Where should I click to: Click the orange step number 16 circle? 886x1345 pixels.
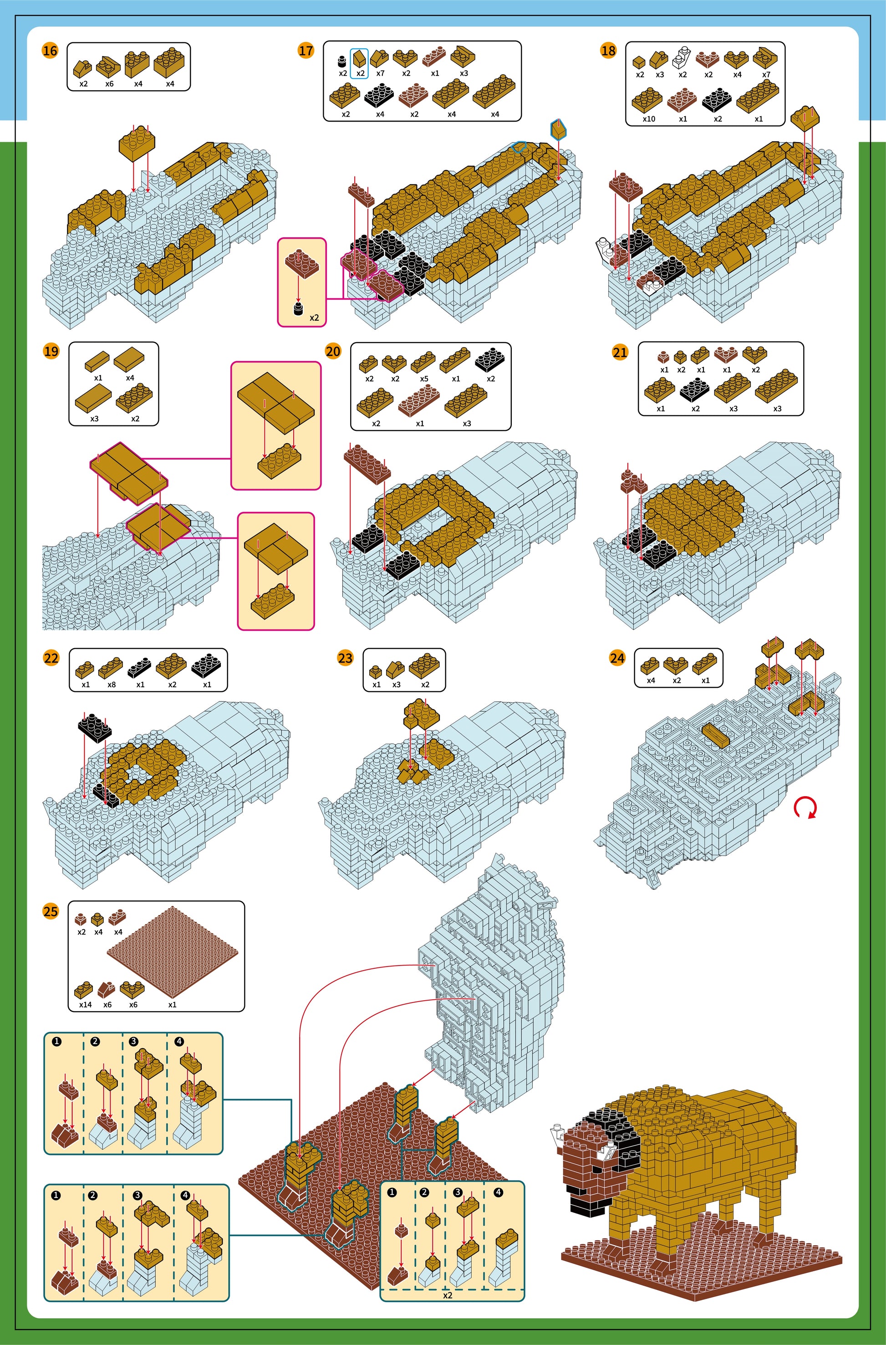50,51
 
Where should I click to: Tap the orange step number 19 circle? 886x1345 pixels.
51,351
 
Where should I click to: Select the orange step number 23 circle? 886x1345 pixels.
345,658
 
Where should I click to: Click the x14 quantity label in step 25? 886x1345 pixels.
85,1004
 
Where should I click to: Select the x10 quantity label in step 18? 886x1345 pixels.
649,119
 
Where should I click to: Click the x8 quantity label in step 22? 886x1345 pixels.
112,685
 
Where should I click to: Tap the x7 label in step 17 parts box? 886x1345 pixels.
380,73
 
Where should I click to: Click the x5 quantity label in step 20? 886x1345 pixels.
424,378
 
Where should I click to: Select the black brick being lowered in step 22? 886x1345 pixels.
94,728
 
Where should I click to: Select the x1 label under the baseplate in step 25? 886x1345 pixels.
173,1004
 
